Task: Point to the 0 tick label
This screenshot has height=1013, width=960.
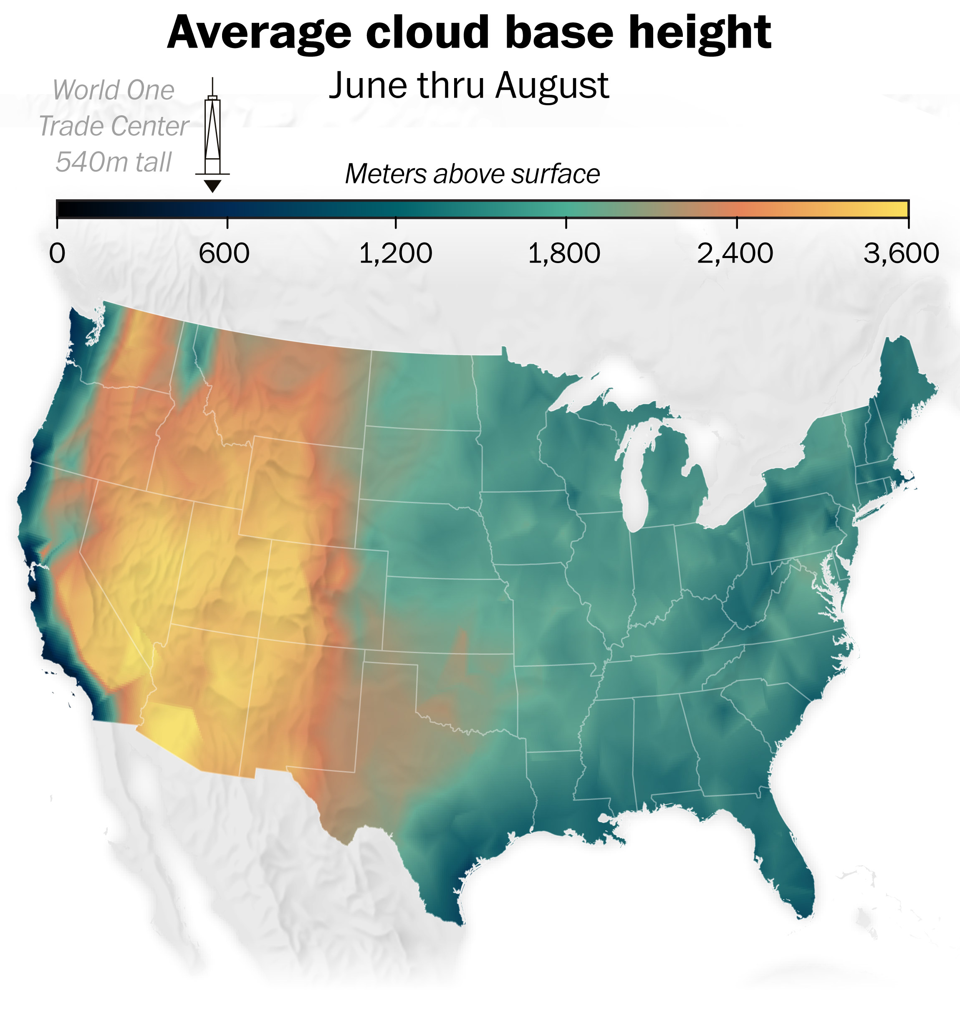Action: (x=57, y=253)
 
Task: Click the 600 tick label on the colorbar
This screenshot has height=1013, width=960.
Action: (x=224, y=253)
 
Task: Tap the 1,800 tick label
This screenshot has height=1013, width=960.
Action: (x=564, y=253)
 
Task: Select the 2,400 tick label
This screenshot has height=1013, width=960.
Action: (x=735, y=253)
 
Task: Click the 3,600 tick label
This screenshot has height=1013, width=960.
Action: (x=901, y=253)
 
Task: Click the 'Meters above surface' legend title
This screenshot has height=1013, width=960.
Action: (x=472, y=174)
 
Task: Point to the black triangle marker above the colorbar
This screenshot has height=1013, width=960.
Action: (x=212, y=185)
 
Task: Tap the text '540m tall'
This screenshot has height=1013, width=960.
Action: (x=113, y=162)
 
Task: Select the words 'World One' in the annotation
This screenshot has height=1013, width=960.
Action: (x=113, y=91)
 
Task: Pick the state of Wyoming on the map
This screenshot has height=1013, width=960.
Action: (x=302, y=491)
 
